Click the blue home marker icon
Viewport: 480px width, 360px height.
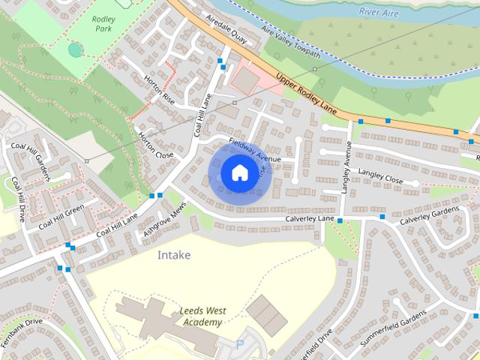coord(238,173)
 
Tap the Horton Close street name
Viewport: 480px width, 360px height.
coord(156,145)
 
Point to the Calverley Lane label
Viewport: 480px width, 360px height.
coord(309,218)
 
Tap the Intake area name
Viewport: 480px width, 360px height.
coord(173,255)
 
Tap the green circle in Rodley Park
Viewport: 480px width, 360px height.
coord(74,49)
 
